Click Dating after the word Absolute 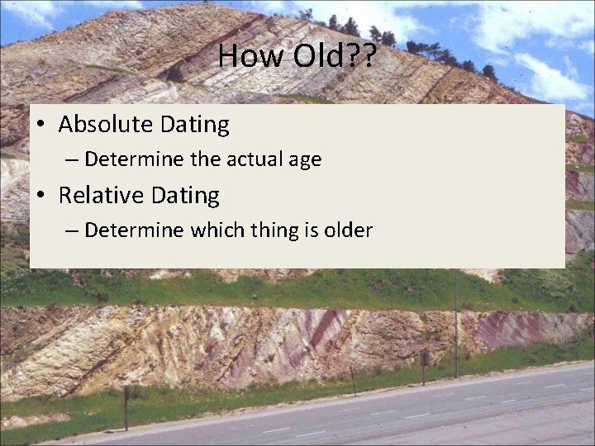(x=197, y=125)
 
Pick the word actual (x=231, y=159)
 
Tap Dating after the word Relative (x=187, y=196)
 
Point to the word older (x=348, y=230)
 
